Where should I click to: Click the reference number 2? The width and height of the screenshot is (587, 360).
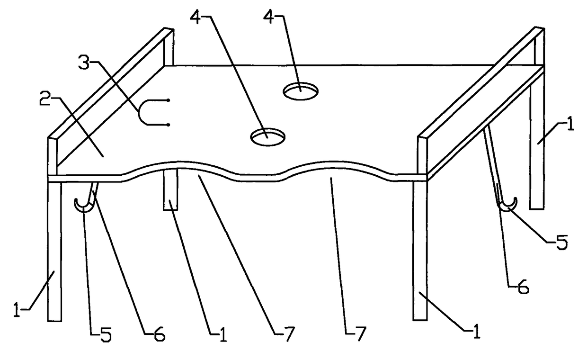[x=44, y=99]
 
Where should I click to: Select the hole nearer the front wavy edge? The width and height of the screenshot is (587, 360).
[x=267, y=136]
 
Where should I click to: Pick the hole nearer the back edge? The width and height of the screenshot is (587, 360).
[x=301, y=91]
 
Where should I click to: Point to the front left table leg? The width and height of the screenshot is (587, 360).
[x=54, y=251]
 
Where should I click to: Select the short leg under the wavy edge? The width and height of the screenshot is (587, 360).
[x=170, y=189]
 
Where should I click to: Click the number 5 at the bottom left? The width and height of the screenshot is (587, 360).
[x=106, y=335]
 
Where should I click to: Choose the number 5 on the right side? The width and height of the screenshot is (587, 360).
[x=562, y=243]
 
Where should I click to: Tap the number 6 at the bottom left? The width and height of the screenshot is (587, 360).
[x=160, y=334]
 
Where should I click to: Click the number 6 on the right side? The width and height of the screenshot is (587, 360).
[x=523, y=288]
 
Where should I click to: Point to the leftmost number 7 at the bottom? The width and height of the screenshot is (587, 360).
[x=289, y=334]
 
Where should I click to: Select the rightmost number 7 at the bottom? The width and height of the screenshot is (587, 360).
[x=361, y=334]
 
